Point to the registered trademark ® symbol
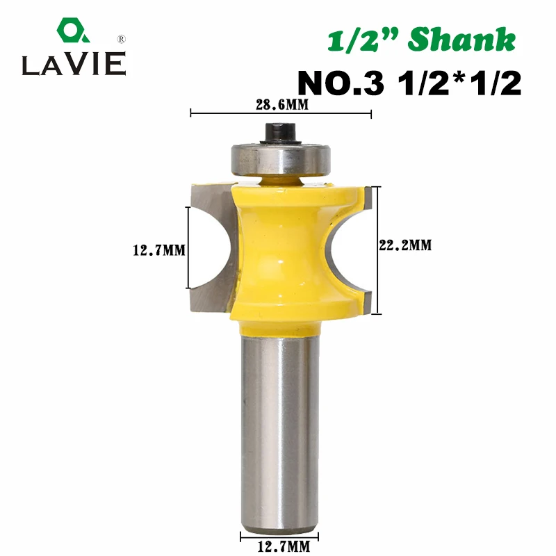click(121, 39)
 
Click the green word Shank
click(461, 40)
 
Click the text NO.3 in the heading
click(341, 83)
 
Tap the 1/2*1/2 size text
click(459, 83)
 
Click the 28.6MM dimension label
click(282, 105)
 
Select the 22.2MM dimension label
click(405, 245)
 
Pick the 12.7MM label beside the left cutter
click(159, 250)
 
